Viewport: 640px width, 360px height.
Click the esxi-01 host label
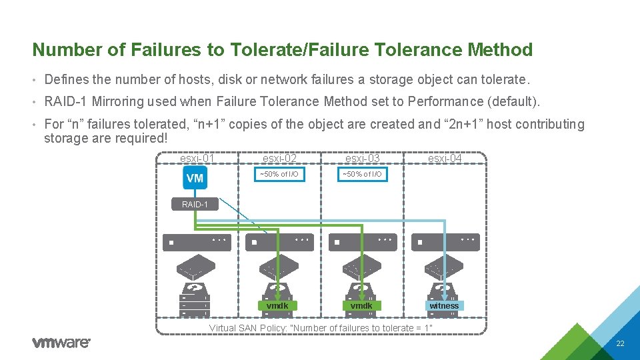(197, 159)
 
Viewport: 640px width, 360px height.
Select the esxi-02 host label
(279, 159)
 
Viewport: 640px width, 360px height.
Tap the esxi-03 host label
(362, 159)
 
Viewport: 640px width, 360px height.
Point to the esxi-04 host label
(445, 159)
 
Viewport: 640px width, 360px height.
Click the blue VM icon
(195, 178)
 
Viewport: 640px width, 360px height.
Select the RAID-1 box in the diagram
(195, 204)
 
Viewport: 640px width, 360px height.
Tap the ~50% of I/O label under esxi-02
(279, 175)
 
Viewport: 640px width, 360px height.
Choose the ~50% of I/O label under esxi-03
(362, 175)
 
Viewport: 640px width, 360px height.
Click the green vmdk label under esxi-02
(277, 306)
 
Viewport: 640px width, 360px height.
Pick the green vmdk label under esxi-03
(361, 306)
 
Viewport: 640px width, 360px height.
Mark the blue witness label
(444, 306)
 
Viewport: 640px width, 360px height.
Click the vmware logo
(61, 343)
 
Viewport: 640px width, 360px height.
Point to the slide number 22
(620, 344)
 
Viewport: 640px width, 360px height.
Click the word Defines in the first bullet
(67, 80)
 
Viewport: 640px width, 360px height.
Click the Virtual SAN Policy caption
(321, 328)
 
